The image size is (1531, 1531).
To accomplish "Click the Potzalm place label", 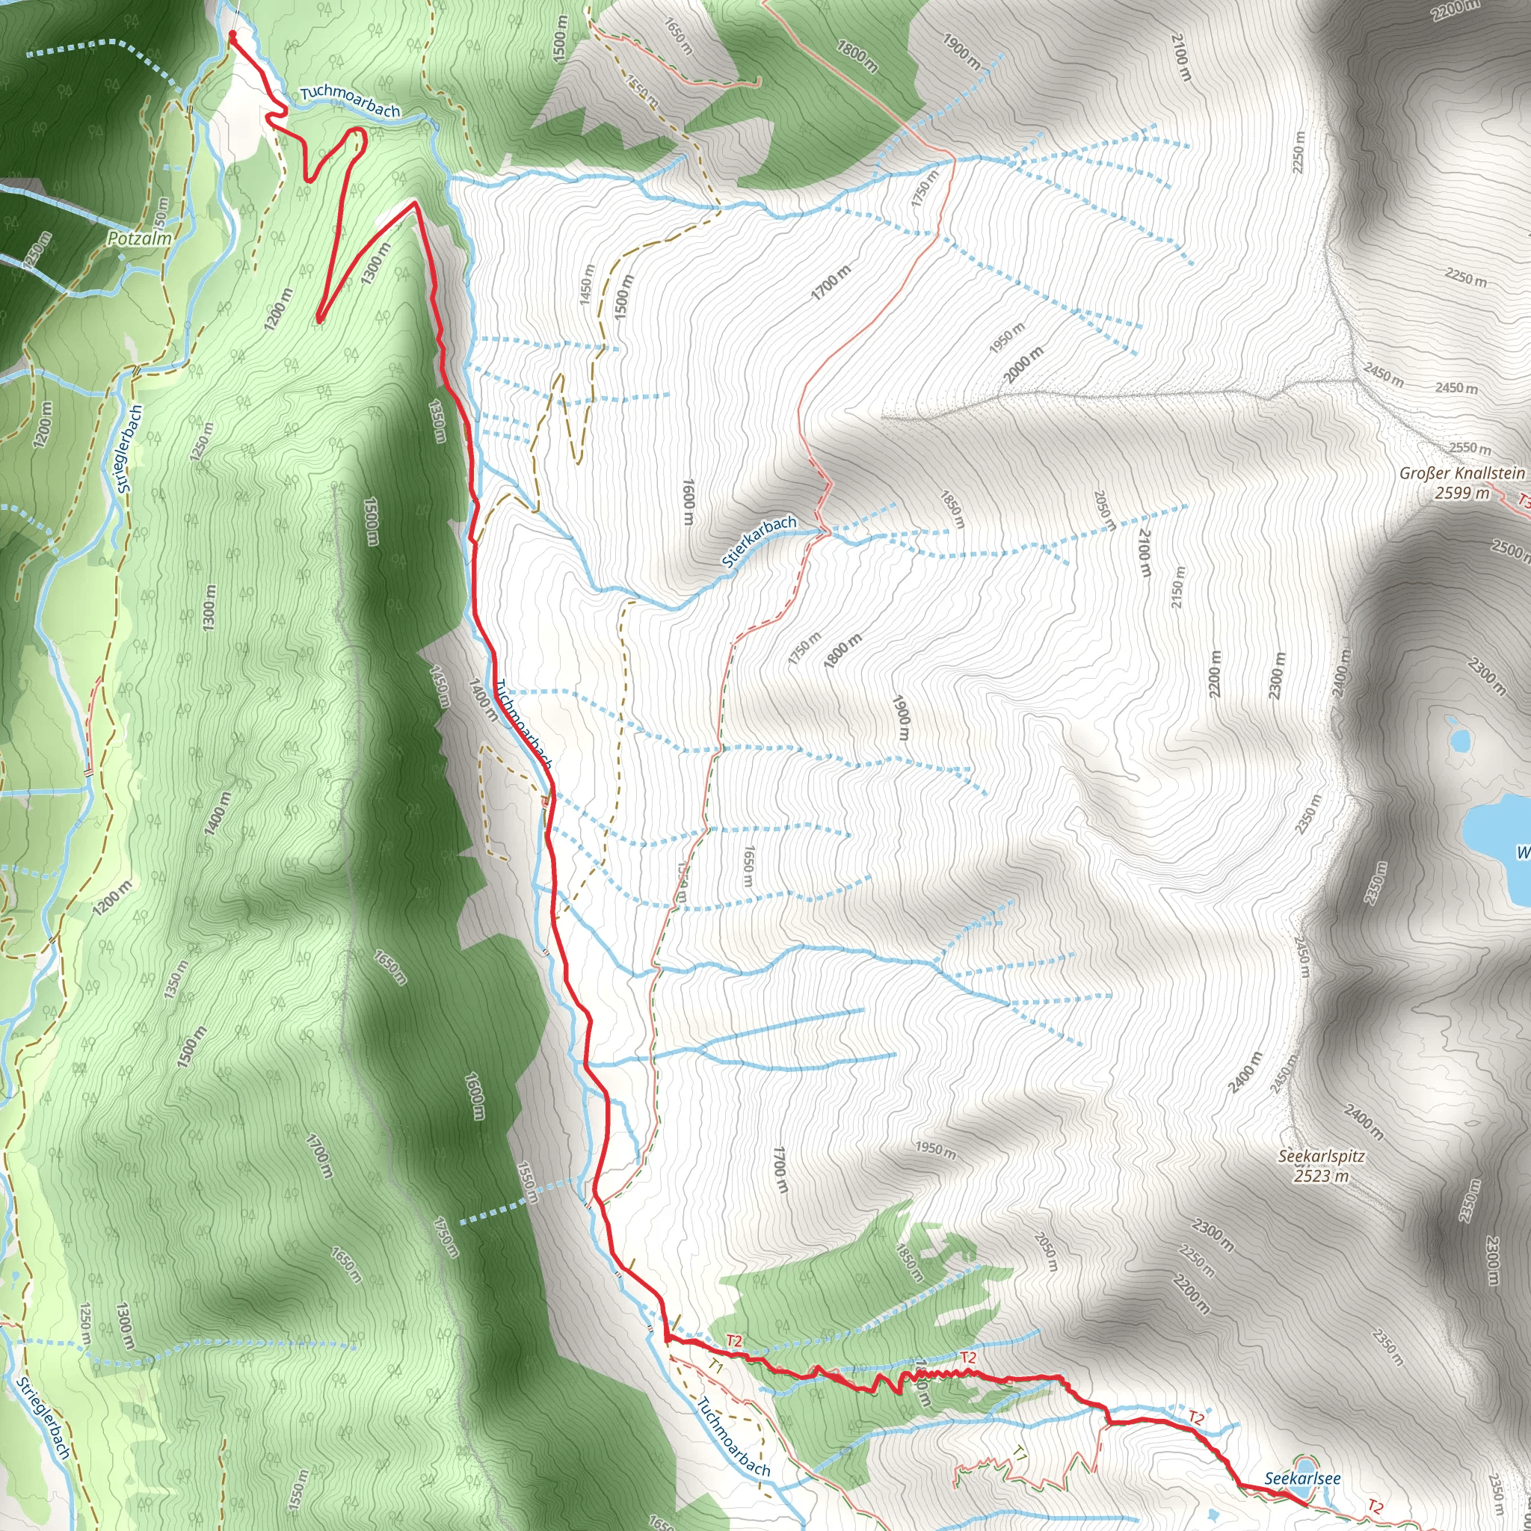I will [140, 238].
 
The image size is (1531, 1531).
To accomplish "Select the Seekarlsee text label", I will [1302, 1478].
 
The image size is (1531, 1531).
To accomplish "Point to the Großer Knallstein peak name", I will [1461, 473].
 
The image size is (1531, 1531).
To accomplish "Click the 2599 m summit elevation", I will [1461, 493].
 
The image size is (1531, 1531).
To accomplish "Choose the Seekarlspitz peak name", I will [1321, 1156].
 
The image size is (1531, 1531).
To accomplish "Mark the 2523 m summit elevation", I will [1321, 1176].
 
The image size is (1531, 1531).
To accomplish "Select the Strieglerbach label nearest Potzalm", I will [131, 449].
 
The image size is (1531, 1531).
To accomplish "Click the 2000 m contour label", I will [1024, 365].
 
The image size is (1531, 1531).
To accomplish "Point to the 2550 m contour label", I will [1470, 448].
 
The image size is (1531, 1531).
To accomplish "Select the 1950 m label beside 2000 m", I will [1006, 338].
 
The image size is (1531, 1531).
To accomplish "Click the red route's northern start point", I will [232, 34].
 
